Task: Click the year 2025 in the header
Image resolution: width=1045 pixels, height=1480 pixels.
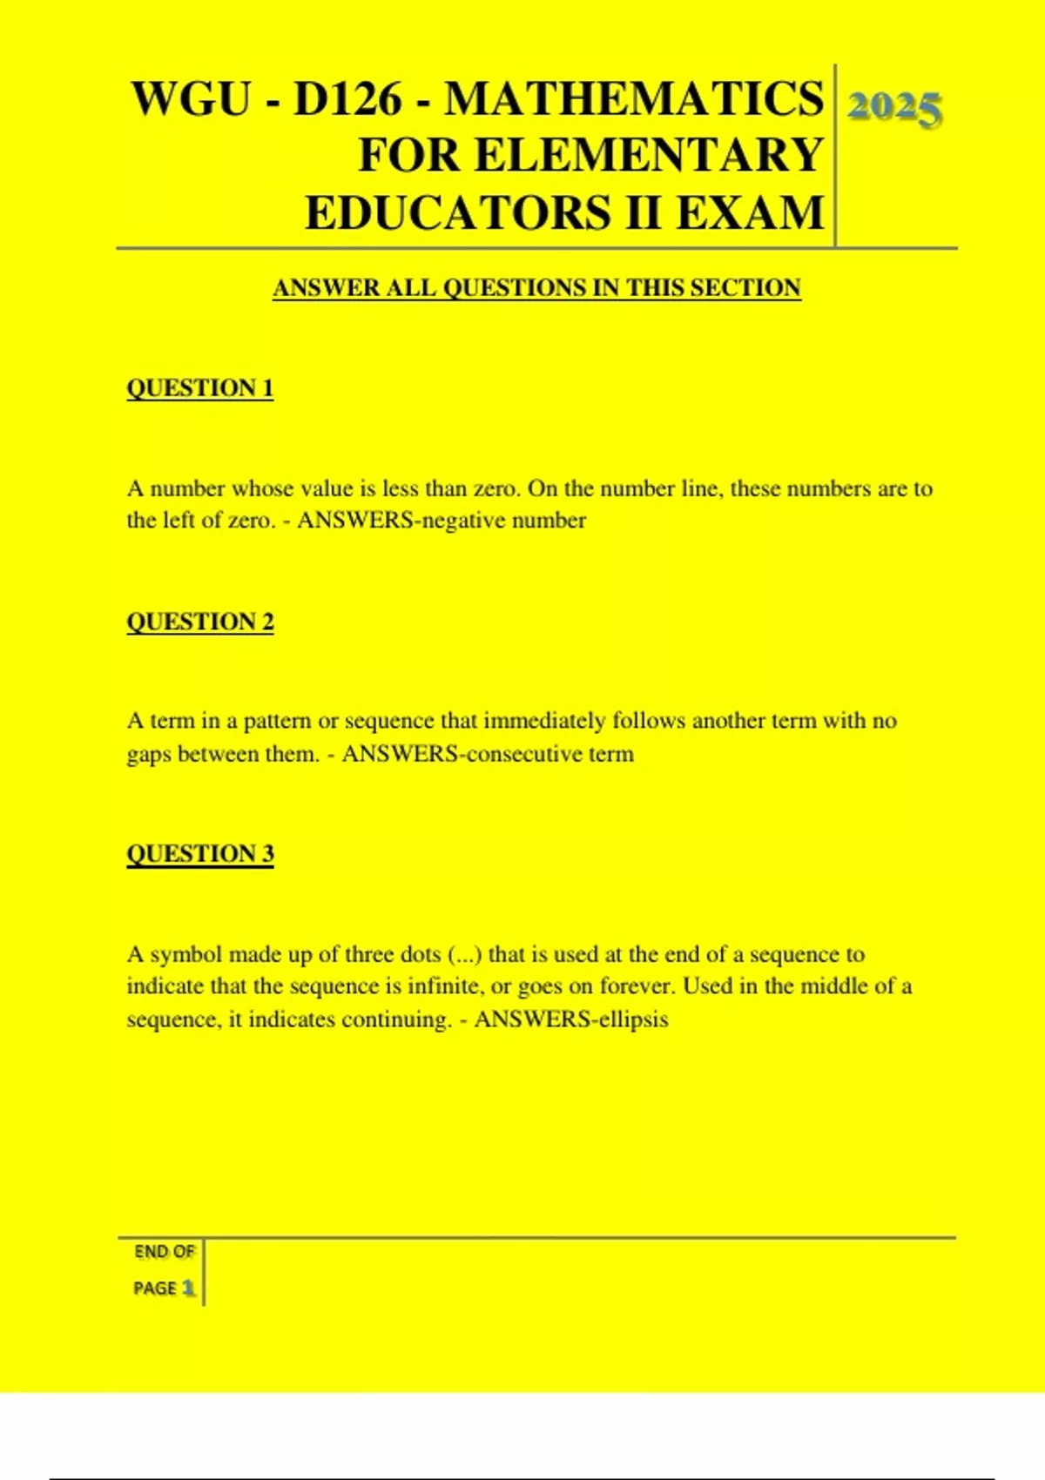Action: (894, 109)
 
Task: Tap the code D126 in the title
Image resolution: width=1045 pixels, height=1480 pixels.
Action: (347, 98)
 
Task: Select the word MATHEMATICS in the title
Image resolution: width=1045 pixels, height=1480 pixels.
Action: (633, 98)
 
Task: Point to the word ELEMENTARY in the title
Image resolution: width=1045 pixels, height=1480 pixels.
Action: (648, 156)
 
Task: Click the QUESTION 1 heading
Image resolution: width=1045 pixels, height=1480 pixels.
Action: (200, 388)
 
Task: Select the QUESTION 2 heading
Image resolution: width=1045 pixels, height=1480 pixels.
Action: (200, 622)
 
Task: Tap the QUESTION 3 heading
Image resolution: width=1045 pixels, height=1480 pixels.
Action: (200, 854)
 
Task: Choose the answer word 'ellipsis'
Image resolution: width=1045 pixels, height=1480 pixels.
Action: (632, 1019)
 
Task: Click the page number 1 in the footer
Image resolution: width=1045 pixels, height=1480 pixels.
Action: (188, 1288)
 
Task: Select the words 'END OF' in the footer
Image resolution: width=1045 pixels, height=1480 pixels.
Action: (164, 1252)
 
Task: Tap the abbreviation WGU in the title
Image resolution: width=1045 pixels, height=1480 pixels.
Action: (191, 98)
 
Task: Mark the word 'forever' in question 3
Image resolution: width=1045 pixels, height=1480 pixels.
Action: (637, 987)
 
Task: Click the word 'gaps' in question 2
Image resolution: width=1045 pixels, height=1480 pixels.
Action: (148, 755)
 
